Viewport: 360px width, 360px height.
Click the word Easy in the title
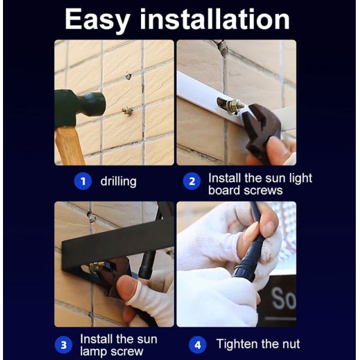tap(97, 20)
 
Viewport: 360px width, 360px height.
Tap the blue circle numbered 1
tap(83, 181)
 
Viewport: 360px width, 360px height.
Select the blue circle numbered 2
tap(192, 181)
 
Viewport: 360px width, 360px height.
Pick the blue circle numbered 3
tap(64, 345)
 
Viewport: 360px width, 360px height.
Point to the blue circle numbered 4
tap(197, 345)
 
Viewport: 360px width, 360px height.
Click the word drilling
tap(118, 182)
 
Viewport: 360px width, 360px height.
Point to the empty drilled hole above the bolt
tap(128, 76)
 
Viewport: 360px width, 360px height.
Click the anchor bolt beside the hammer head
tap(127, 111)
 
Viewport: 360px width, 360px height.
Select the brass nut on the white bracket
tap(235, 106)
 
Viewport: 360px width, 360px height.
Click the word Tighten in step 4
tap(237, 344)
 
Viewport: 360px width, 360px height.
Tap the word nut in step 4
tap(290, 344)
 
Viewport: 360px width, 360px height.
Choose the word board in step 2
tap(224, 190)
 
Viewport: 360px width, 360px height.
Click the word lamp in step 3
tap(94, 352)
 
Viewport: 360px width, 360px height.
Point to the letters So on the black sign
tap(284, 298)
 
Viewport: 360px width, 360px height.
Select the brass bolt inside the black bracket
tap(97, 266)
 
